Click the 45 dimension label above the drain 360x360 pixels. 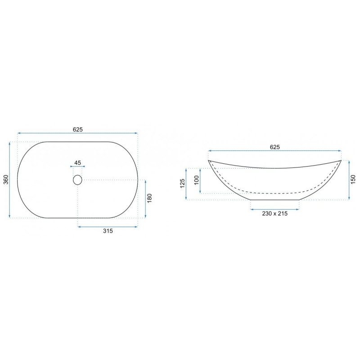pyautogui.click(x=77, y=163)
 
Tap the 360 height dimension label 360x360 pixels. pyautogui.click(x=6, y=180)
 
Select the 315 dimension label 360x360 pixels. pyautogui.click(x=108, y=231)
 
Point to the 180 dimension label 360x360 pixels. pyautogui.click(x=149, y=198)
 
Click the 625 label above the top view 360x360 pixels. pyautogui.click(x=77, y=130)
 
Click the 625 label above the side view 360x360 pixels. pyautogui.click(x=275, y=147)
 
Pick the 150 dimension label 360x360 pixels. pyautogui.click(x=353, y=180)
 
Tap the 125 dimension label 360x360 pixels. pyautogui.click(x=182, y=184)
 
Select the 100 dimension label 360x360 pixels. pyautogui.click(x=196, y=180)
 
